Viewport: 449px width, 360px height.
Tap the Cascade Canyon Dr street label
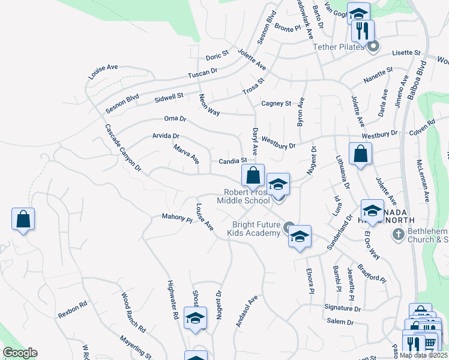tap(122, 149)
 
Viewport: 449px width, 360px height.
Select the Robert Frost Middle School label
tap(247, 196)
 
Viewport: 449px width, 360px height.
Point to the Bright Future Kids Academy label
tap(257, 229)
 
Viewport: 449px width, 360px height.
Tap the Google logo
tap(20, 353)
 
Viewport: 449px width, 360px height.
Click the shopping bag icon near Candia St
tap(253, 176)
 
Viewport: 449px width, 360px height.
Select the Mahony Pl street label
tap(176, 219)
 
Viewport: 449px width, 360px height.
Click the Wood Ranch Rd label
tap(133, 313)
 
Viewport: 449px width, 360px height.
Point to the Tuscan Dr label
tap(202, 73)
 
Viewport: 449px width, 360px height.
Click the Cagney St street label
tap(276, 103)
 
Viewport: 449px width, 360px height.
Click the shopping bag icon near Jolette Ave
tap(360, 155)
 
